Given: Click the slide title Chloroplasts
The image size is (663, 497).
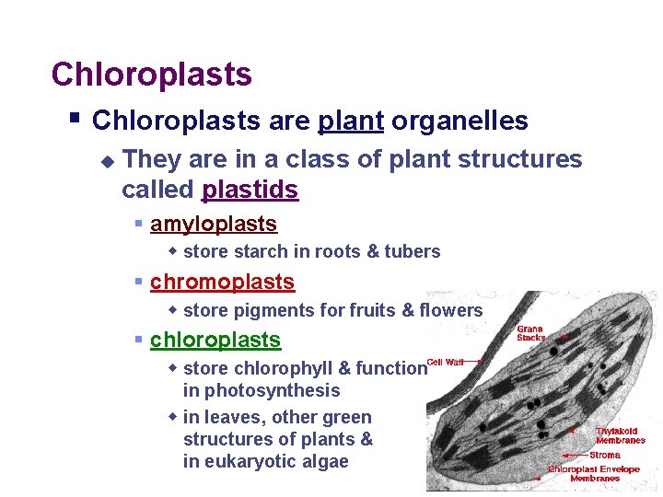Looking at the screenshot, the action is [151, 75].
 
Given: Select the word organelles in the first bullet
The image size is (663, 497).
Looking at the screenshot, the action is [459, 121].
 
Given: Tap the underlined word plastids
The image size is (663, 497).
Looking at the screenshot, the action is [250, 191].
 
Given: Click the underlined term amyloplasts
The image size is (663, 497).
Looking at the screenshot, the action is [213, 224].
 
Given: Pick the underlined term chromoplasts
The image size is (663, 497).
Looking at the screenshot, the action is [222, 282].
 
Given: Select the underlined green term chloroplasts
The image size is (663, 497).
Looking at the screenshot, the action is [215, 340].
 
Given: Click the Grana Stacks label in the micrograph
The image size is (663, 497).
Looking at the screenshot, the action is [530, 333].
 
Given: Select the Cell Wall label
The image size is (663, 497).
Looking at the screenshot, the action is [445, 362].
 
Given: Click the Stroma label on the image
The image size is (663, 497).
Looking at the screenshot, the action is [605, 455].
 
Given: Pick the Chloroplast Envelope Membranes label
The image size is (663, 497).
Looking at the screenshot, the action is [596, 473].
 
